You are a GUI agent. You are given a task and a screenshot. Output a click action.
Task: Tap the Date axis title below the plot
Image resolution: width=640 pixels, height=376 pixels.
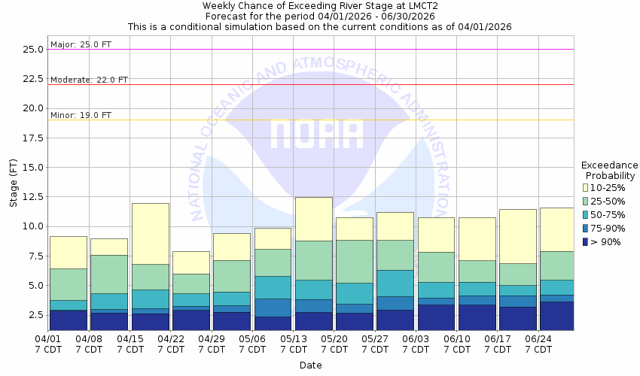[310, 365]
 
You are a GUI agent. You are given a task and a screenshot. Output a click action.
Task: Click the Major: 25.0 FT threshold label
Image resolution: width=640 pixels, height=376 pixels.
[81, 44]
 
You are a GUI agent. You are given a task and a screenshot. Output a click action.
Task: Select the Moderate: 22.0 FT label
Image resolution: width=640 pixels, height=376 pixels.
[89, 79]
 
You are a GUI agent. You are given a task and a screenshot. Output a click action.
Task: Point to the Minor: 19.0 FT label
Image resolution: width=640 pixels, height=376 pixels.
[81, 115]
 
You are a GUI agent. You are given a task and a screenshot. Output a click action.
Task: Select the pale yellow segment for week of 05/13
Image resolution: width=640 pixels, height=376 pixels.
[313, 219]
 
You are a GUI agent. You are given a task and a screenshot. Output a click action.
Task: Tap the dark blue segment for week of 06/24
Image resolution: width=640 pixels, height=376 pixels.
[556, 316]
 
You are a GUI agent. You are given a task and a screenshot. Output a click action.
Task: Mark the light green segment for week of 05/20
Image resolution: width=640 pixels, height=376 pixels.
[354, 261]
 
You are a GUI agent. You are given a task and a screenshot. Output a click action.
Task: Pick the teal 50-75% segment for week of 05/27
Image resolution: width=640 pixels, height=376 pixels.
[395, 283]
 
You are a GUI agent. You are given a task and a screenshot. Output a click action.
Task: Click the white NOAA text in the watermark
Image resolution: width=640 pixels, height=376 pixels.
[316, 135]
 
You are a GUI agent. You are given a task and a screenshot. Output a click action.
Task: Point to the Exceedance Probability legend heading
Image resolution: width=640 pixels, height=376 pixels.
[610, 170]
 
